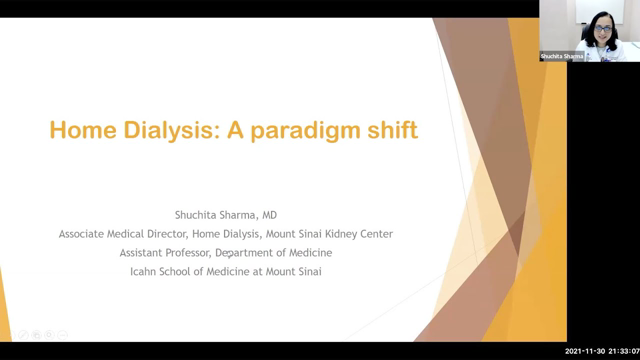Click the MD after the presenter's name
pyautogui.click(x=264, y=214)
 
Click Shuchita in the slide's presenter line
pyautogui.click(x=196, y=214)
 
